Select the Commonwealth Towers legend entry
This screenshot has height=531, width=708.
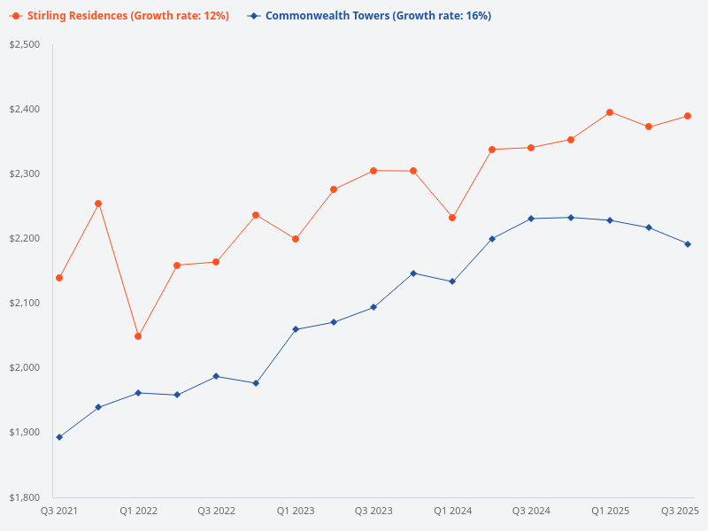pyautogui.click(x=372, y=16)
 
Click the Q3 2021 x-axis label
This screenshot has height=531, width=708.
pyautogui.click(x=59, y=511)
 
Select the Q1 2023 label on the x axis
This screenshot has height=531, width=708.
pyautogui.click(x=296, y=511)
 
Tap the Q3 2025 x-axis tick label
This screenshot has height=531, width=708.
pyautogui.click(x=681, y=511)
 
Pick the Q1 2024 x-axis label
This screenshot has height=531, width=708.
pyautogui.click(x=452, y=511)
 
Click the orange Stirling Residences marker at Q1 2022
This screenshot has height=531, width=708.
pyautogui.click(x=138, y=336)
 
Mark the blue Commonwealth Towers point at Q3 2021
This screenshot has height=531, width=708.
pyautogui.click(x=59, y=437)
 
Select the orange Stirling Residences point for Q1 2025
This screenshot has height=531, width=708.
pyautogui.click(x=610, y=112)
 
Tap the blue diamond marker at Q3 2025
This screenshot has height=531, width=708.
pyautogui.click(x=688, y=244)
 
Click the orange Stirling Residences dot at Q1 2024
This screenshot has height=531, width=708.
pyautogui.click(x=452, y=218)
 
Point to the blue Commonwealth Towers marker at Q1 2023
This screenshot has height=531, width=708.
pyautogui.click(x=296, y=329)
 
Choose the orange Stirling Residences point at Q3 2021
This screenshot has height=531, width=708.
pyautogui.click(x=59, y=278)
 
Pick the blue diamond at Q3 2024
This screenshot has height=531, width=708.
pyautogui.click(x=531, y=219)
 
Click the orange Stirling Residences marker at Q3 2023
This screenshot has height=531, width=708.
pyautogui.click(x=373, y=171)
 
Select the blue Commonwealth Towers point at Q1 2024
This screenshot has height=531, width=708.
pyautogui.click(x=452, y=281)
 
